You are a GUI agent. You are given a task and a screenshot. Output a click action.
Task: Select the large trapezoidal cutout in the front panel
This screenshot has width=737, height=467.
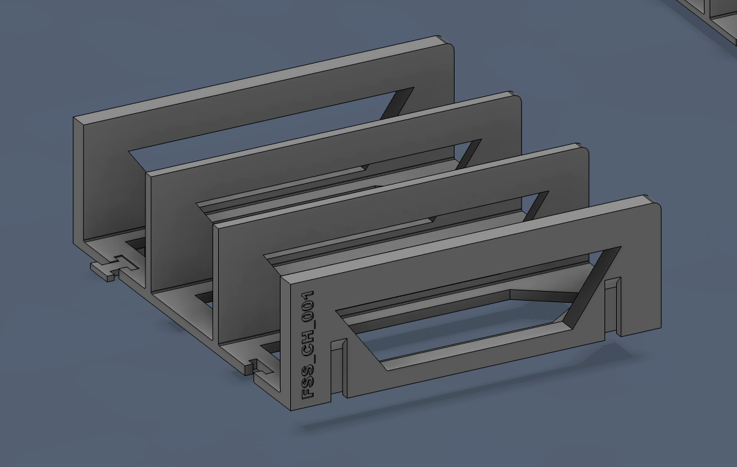pos(474,312)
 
